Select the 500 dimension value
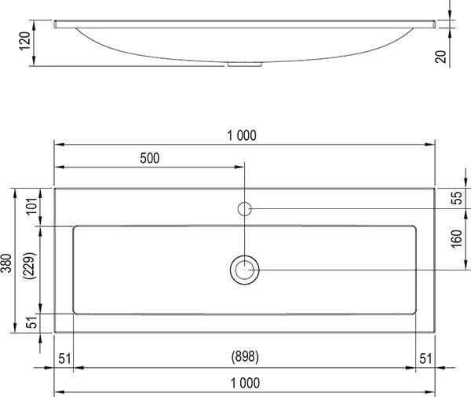tap(149, 158)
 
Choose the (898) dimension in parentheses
tap(245, 357)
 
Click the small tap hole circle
tap(245, 208)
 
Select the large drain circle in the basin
tap(245, 270)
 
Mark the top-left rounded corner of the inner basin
tap(75, 228)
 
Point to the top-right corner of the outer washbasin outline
tap(435, 188)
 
